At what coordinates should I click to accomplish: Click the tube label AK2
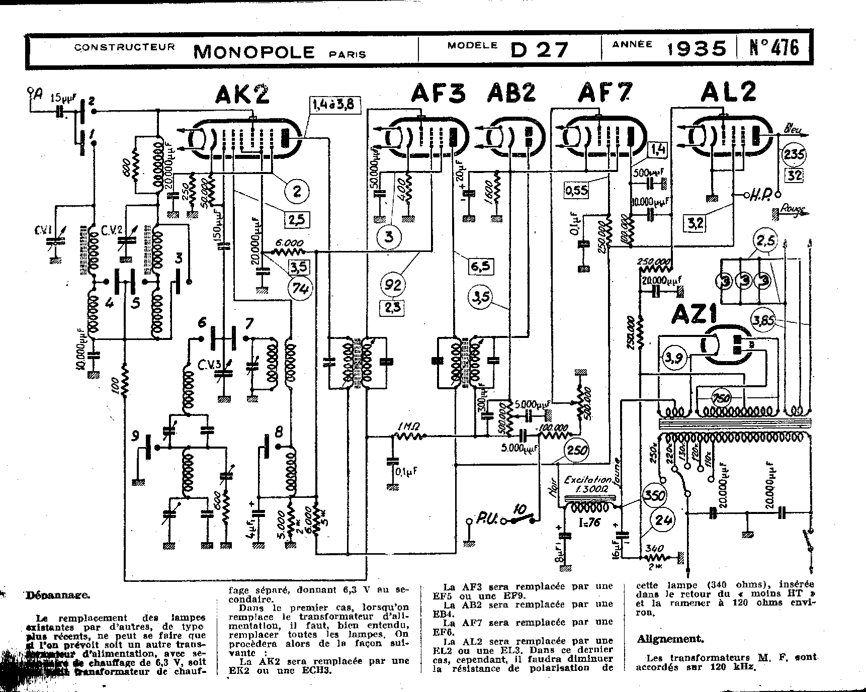pyautogui.click(x=242, y=94)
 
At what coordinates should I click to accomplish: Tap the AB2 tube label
pyautogui.click(x=511, y=94)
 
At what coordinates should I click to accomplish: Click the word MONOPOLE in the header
pyautogui.click(x=254, y=51)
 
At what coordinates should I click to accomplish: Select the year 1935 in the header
pyautogui.click(x=697, y=49)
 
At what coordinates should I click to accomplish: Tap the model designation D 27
pyautogui.click(x=539, y=49)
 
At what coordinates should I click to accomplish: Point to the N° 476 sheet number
pyautogui.click(x=773, y=48)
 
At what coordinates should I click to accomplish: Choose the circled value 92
pyautogui.click(x=393, y=285)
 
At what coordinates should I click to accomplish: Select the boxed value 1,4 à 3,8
pyautogui.click(x=332, y=105)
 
